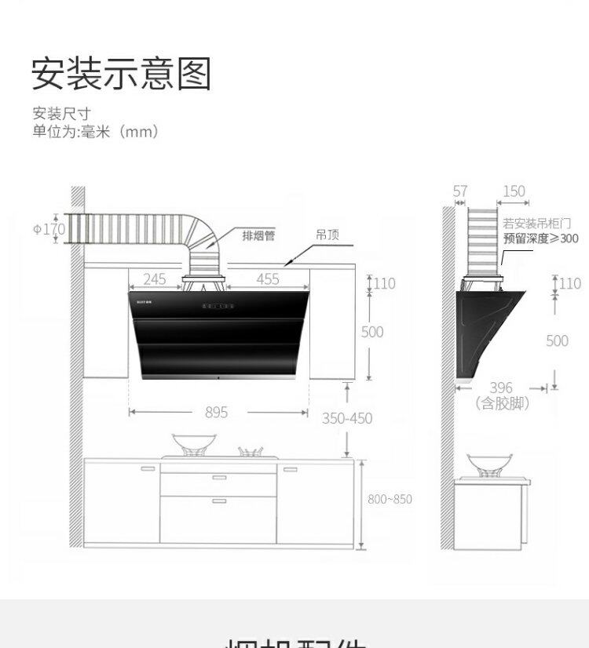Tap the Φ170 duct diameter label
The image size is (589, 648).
click(49, 229)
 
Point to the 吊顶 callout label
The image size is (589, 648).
click(327, 235)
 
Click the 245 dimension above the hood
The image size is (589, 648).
click(155, 278)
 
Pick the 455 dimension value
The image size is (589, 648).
click(267, 278)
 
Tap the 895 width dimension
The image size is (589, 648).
click(216, 412)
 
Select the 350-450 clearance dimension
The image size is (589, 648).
click(347, 418)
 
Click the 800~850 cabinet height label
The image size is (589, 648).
click(390, 499)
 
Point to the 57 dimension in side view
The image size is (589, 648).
click(460, 191)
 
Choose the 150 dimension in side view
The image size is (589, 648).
click(514, 191)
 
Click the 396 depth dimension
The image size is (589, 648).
click(500, 388)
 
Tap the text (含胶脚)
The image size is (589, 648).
click(502, 403)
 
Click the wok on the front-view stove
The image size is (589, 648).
click(189, 443)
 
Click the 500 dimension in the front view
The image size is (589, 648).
click(372, 332)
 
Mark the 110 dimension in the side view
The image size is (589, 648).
click(569, 283)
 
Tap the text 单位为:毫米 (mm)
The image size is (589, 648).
click(95, 132)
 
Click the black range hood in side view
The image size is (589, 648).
click(487, 329)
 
